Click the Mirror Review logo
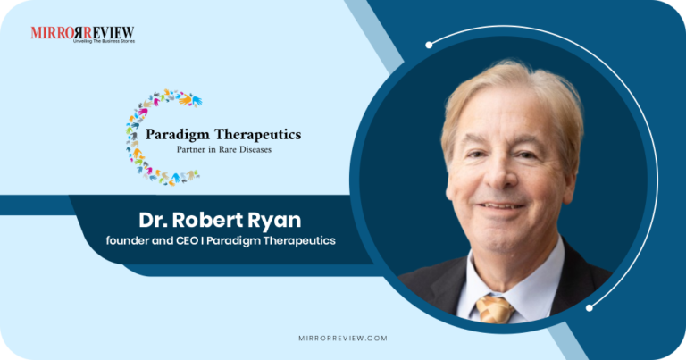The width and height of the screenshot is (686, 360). point(82,34)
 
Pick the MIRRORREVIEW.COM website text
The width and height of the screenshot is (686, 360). point(343,339)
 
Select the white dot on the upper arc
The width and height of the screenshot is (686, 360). point(429,44)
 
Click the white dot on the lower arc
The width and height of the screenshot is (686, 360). point(590,307)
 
